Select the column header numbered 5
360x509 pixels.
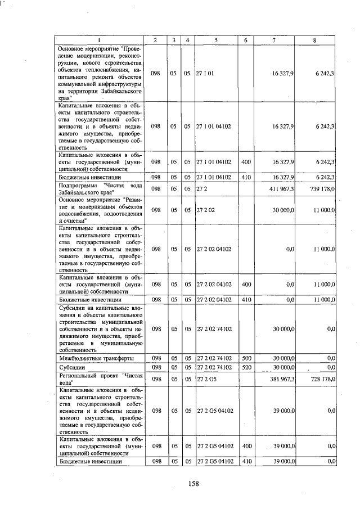(x=216, y=40)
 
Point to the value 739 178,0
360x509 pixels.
(x=322, y=188)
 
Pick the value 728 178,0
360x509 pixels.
(x=322, y=380)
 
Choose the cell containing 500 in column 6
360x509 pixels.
(x=246, y=357)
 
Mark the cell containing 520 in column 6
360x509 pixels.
(x=246, y=367)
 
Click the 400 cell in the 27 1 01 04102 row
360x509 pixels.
(x=246, y=161)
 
